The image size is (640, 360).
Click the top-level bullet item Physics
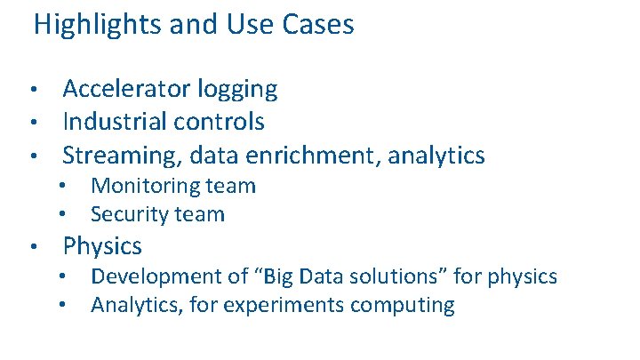coord(102,245)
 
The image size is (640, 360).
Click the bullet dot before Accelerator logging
coord(32,90)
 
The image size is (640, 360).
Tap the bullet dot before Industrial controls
coord(32,122)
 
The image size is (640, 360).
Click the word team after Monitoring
coord(230,187)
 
